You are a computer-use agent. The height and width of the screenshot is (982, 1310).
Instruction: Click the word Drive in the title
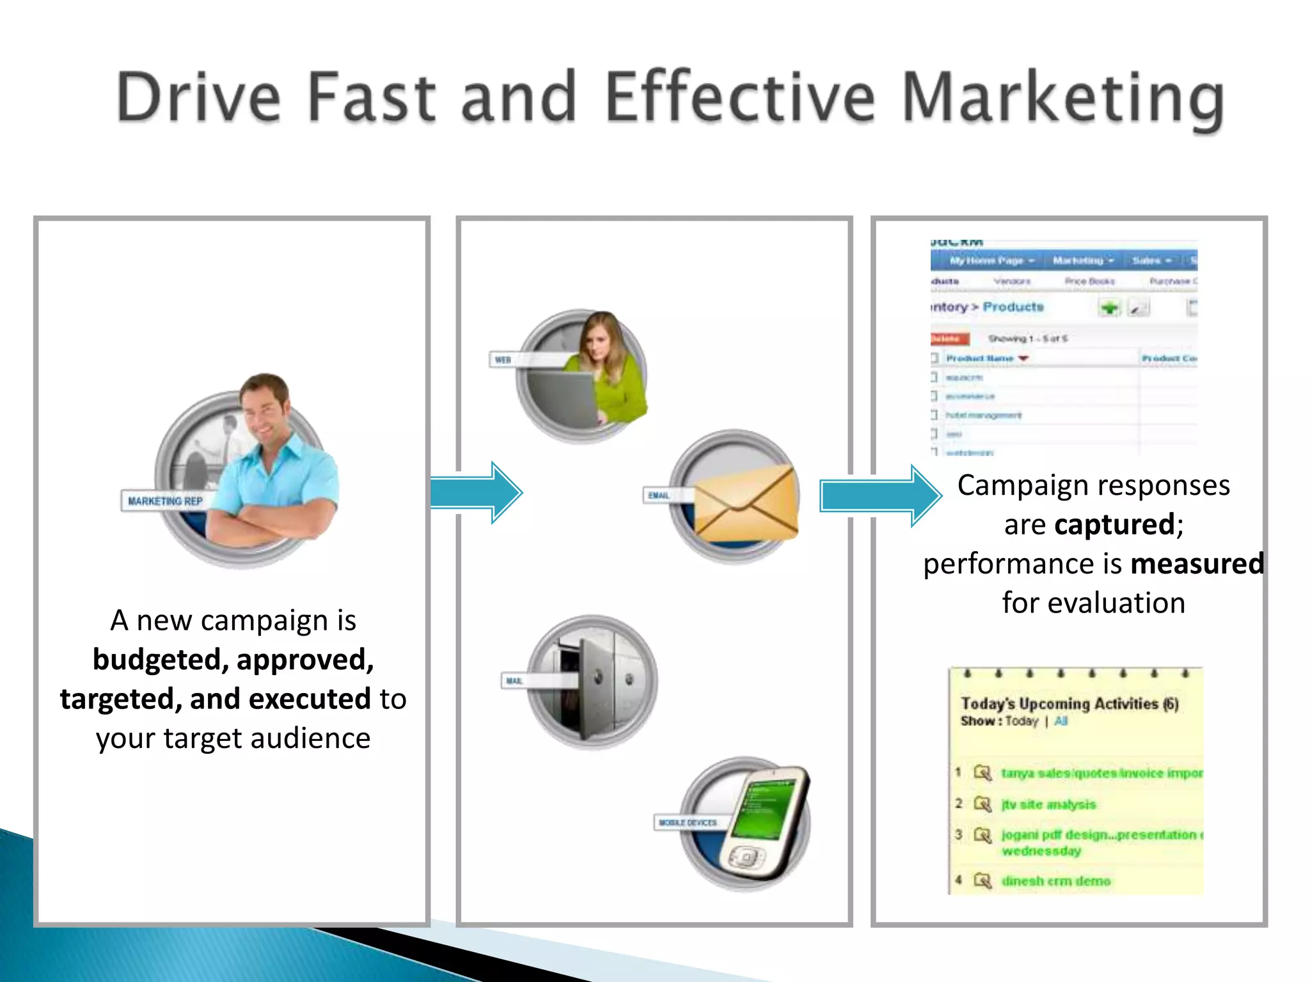coord(198,97)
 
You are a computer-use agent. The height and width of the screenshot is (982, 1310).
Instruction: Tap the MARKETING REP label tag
coord(165,501)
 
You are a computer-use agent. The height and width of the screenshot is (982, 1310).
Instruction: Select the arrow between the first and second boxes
coord(476,492)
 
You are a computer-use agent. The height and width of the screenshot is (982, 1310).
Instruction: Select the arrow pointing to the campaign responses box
coord(880,496)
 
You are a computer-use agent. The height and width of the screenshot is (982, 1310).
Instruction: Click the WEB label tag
coord(503,359)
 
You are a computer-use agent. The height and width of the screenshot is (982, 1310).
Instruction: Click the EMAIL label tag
coord(658,495)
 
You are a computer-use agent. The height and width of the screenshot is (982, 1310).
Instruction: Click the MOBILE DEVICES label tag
coord(688,822)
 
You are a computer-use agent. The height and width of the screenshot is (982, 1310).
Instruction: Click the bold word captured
coord(1114,525)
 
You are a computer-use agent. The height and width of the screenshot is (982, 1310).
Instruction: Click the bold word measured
coord(1197,564)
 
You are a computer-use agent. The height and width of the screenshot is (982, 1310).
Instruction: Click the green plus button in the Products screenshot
coord(1110,308)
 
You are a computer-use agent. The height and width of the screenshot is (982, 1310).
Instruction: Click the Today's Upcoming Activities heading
coord(1069,703)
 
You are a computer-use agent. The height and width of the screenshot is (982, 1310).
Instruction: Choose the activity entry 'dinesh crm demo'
coord(1055,881)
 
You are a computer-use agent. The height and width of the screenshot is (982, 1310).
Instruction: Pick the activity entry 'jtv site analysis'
coord(1048,804)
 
